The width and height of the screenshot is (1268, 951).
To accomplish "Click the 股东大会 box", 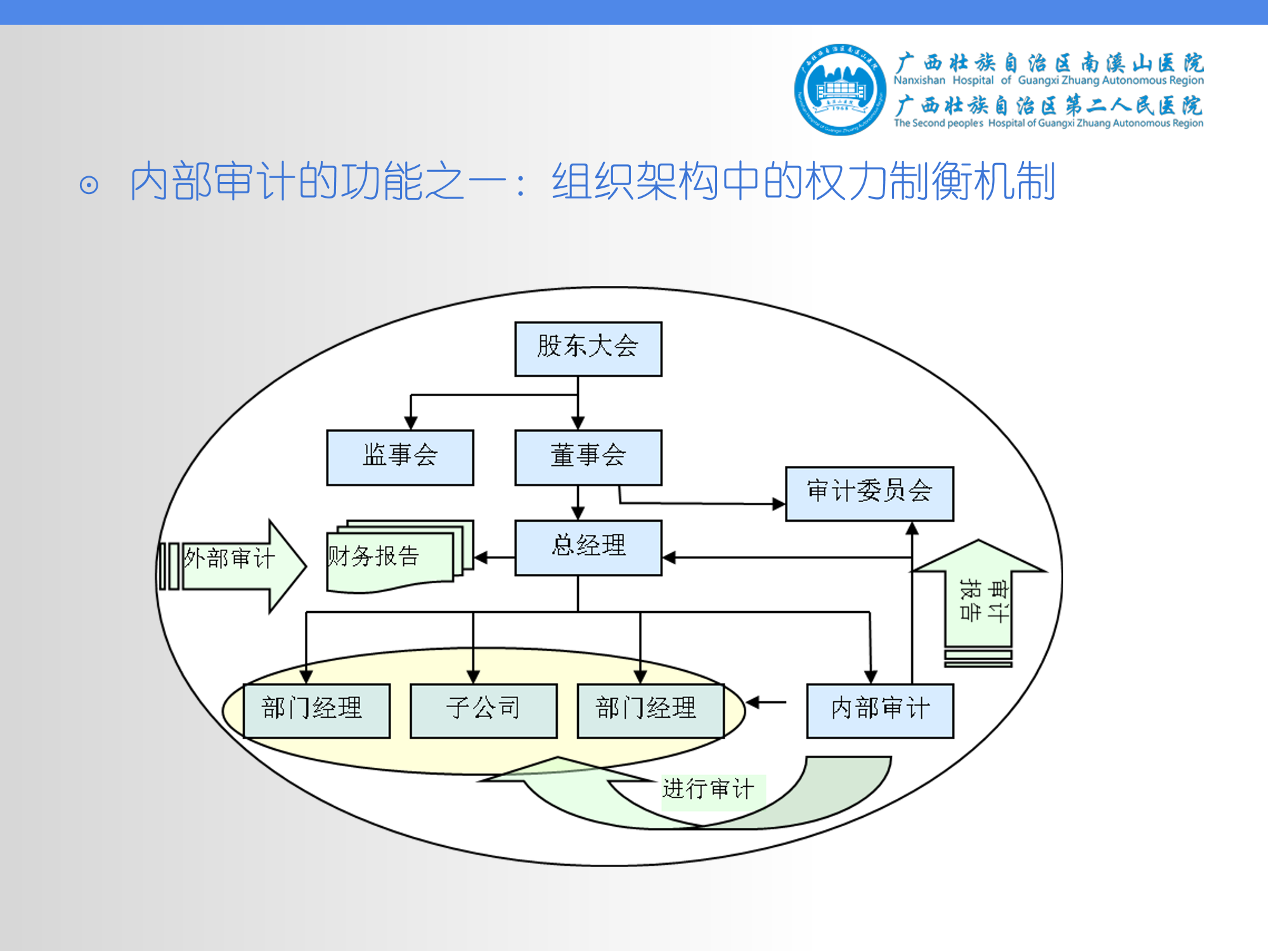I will [x=588, y=349].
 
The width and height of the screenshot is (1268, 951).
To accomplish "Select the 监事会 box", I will [x=399, y=457].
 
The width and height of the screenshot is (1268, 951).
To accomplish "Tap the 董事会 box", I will [x=588, y=457].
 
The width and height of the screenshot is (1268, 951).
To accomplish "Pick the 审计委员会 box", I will [x=869, y=493].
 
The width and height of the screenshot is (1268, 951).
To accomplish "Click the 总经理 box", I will [x=588, y=548].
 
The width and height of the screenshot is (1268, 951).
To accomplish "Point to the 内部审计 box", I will [x=879, y=710].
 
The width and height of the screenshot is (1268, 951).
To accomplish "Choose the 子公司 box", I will [x=483, y=710].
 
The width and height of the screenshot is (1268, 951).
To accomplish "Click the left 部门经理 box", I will [x=316, y=710].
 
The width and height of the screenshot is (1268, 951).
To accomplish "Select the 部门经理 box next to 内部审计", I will [x=650, y=710].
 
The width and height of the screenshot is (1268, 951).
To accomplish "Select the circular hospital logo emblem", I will [x=840, y=89].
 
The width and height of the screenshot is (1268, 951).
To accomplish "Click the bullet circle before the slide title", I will [x=89, y=185].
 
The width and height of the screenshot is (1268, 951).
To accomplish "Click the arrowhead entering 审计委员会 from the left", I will [x=779, y=504].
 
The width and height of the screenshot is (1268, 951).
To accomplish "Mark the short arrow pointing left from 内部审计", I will [x=764, y=702].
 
